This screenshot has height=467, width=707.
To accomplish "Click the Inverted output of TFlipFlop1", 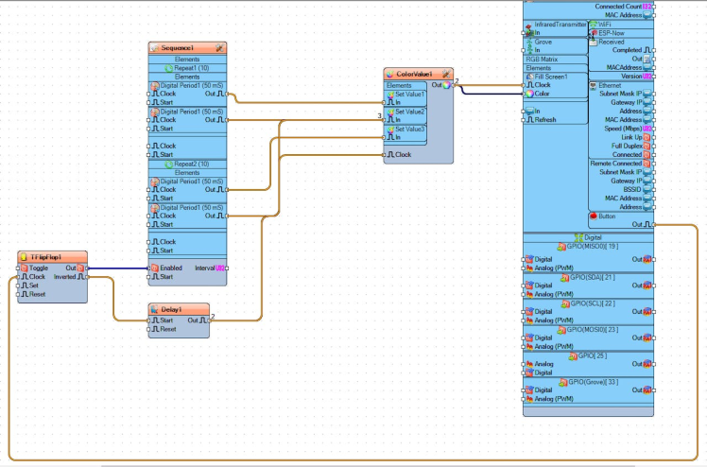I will (x=66, y=277).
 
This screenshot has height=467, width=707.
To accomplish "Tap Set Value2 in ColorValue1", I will (x=410, y=112).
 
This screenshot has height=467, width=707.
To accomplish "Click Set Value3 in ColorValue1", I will (x=410, y=129).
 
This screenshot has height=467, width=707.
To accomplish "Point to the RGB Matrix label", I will (x=543, y=59).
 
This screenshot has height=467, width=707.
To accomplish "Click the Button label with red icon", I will (x=606, y=216).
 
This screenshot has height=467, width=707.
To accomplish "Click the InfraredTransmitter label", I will (x=560, y=24).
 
